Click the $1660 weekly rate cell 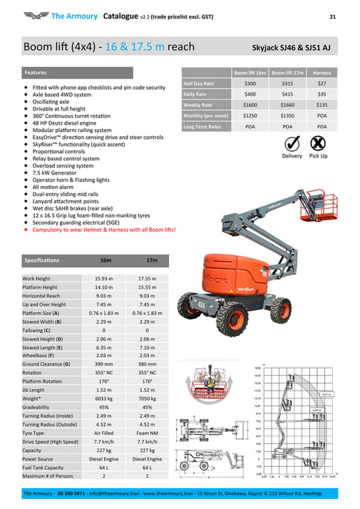coord(288,104)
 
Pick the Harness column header coord(322,73)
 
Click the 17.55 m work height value coord(147,278)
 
